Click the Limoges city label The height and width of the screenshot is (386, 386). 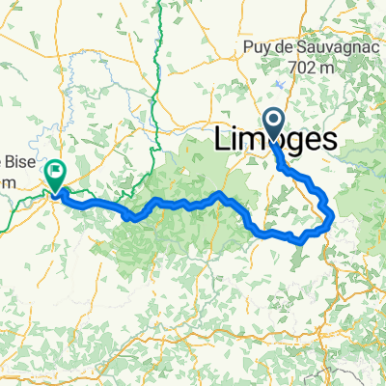[x=275, y=141]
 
